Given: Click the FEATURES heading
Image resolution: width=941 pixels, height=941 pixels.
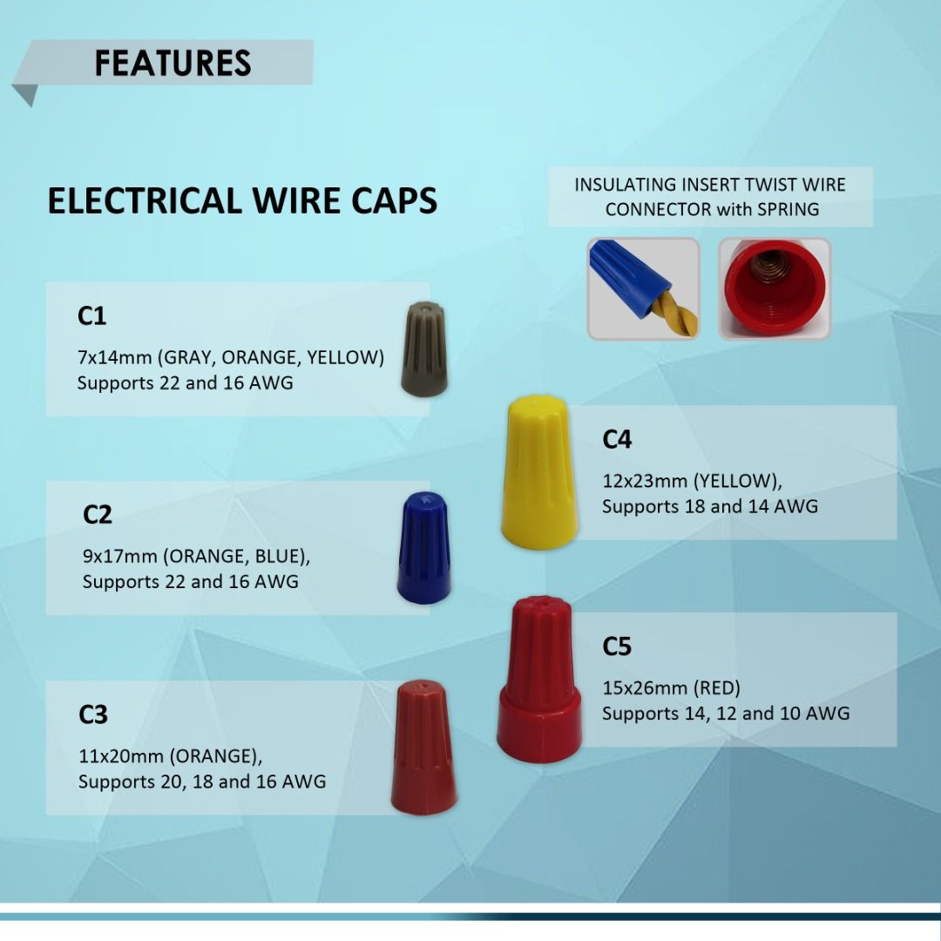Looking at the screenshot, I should pos(173,64).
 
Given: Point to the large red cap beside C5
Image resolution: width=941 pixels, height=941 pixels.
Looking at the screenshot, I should pos(539,679).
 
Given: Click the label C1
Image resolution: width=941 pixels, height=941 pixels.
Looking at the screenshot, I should pos(91,316).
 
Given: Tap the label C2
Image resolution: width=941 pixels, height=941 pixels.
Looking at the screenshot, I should pos(98,515).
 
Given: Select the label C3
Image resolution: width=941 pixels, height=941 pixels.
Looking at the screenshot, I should pos(93,714).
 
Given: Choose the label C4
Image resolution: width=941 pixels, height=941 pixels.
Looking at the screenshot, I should pos(617,440).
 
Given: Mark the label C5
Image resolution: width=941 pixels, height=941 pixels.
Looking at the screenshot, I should pos(617,647).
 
